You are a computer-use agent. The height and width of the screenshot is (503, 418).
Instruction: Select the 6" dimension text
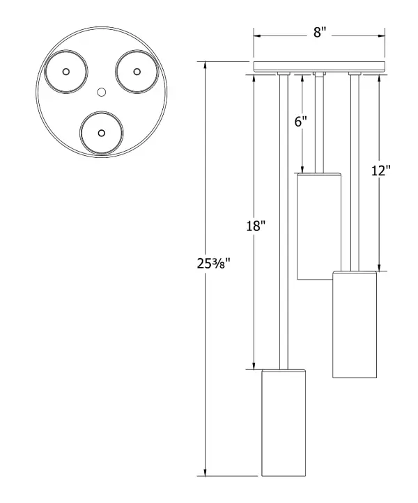[301, 121]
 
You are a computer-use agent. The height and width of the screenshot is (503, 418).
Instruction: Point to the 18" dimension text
[255, 226]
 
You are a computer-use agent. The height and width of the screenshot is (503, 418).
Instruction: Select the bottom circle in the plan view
[102, 132]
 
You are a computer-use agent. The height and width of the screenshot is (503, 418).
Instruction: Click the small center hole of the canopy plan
[101, 92]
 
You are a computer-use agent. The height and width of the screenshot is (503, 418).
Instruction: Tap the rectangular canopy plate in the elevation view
[319, 67]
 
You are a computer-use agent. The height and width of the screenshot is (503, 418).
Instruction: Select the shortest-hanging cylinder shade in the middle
[318, 227]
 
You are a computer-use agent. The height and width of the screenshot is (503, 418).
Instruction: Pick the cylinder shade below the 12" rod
[355, 324]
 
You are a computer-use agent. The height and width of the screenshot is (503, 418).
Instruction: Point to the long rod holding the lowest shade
[284, 223]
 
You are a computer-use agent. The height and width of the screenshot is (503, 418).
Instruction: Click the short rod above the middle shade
[318, 125]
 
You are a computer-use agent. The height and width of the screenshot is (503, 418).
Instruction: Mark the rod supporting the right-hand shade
[355, 174]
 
